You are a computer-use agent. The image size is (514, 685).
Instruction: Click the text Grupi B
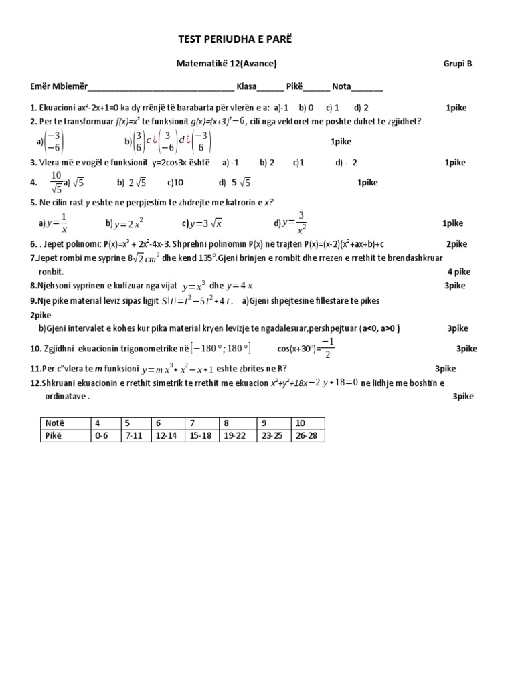coord(457,64)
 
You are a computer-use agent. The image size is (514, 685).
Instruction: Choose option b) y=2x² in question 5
coord(124,223)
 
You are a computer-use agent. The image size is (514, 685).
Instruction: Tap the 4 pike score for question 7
coord(459,272)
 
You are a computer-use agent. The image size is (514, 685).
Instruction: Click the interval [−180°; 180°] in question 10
coord(220,348)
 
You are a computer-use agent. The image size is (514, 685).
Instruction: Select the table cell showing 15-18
coord(202,435)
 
